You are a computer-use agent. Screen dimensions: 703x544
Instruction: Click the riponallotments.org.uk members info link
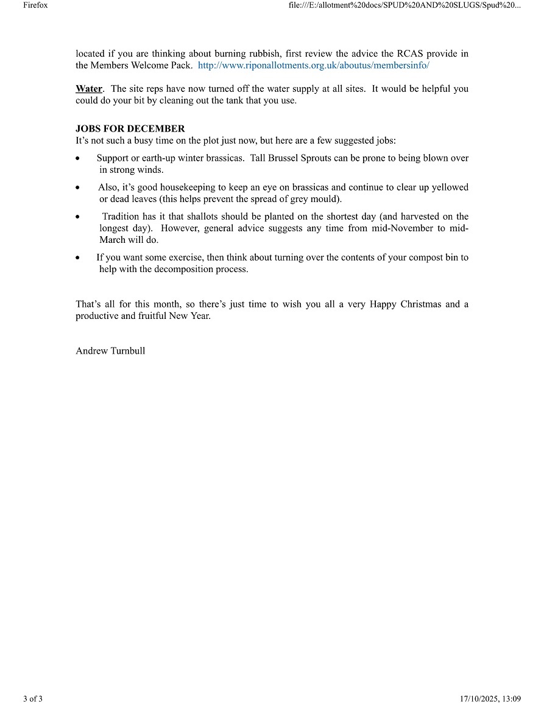[313, 65]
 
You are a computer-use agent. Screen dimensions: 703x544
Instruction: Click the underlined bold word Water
[89, 89]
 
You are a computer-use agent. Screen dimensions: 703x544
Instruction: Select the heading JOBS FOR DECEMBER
[130, 129]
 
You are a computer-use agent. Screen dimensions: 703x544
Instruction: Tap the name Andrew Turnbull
[110, 351]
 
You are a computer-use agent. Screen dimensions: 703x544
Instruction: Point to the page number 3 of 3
[33, 698]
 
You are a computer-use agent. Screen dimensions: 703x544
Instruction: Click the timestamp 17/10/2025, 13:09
[490, 698]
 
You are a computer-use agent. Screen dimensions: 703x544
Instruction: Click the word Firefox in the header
[35, 5]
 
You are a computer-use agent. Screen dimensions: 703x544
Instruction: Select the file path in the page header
[405, 5]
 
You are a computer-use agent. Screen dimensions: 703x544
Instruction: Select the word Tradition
[122, 217]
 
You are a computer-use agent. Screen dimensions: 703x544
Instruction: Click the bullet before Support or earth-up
[79, 158]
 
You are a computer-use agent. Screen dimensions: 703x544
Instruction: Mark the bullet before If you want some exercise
[79, 258]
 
